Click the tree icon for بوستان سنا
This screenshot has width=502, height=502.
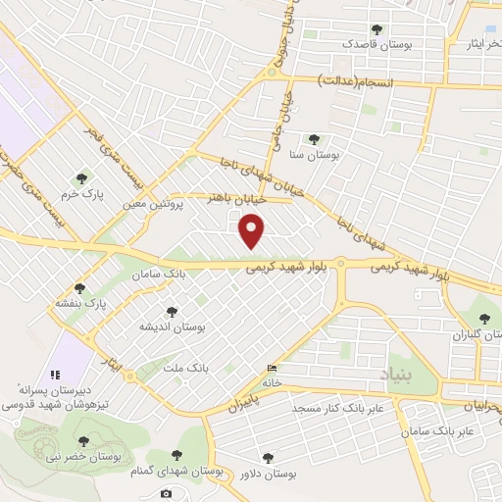pyautogui.click(x=314, y=139)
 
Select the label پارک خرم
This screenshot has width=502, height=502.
pyautogui.click(x=81, y=193)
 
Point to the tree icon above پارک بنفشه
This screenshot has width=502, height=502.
pyautogui.click(x=81, y=288)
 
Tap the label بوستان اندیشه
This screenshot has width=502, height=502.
pyautogui.click(x=172, y=326)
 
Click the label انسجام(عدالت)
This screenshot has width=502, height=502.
pyautogui.click(x=357, y=83)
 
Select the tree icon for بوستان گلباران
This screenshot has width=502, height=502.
pyautogui.click(x=482, y=318)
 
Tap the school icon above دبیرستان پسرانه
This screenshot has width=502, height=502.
pyautogui.click(x=55, y=374)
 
